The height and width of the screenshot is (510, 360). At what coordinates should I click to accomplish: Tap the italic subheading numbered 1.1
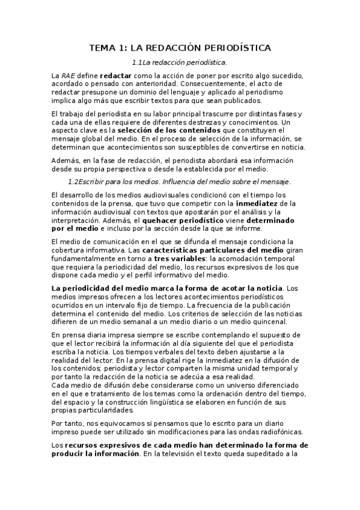pos(180,62)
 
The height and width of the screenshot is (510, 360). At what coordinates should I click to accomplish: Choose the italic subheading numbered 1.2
pos(180,181)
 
